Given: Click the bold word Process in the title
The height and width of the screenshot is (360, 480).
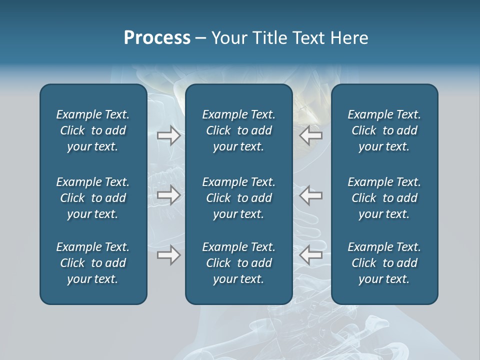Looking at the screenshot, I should coord(157,38).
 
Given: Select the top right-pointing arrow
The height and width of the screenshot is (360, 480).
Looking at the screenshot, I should coord(168,135).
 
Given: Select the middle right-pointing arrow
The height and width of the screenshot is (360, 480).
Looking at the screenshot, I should coord(168,195).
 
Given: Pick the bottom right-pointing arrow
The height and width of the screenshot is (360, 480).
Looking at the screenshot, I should coord(168,255).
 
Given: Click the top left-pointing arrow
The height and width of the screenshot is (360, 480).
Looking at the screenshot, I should coord(310,135).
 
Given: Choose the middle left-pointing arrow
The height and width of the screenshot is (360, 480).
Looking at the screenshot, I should coord(310,195).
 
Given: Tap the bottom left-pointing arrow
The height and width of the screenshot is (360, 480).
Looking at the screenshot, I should coord(310,255).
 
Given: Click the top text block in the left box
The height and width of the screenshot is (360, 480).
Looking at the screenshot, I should coord(93,130).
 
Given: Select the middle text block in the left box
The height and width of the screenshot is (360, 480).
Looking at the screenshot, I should coord(93,198).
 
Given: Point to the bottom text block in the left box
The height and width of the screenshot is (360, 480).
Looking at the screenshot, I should coord(93,263).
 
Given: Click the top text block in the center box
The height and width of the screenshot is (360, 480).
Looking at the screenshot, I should coord(239,130).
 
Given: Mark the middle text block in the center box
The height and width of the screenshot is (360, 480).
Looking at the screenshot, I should coord(239,198).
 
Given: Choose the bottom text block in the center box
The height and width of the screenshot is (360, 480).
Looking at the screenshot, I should coord(239,263).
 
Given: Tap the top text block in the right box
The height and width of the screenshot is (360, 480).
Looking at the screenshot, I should coord(384,130).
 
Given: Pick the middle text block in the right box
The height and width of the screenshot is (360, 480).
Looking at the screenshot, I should coord(384,198).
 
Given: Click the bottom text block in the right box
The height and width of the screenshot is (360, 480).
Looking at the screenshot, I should coord(384,263).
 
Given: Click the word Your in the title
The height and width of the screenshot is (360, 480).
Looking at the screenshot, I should coord(229,38).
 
